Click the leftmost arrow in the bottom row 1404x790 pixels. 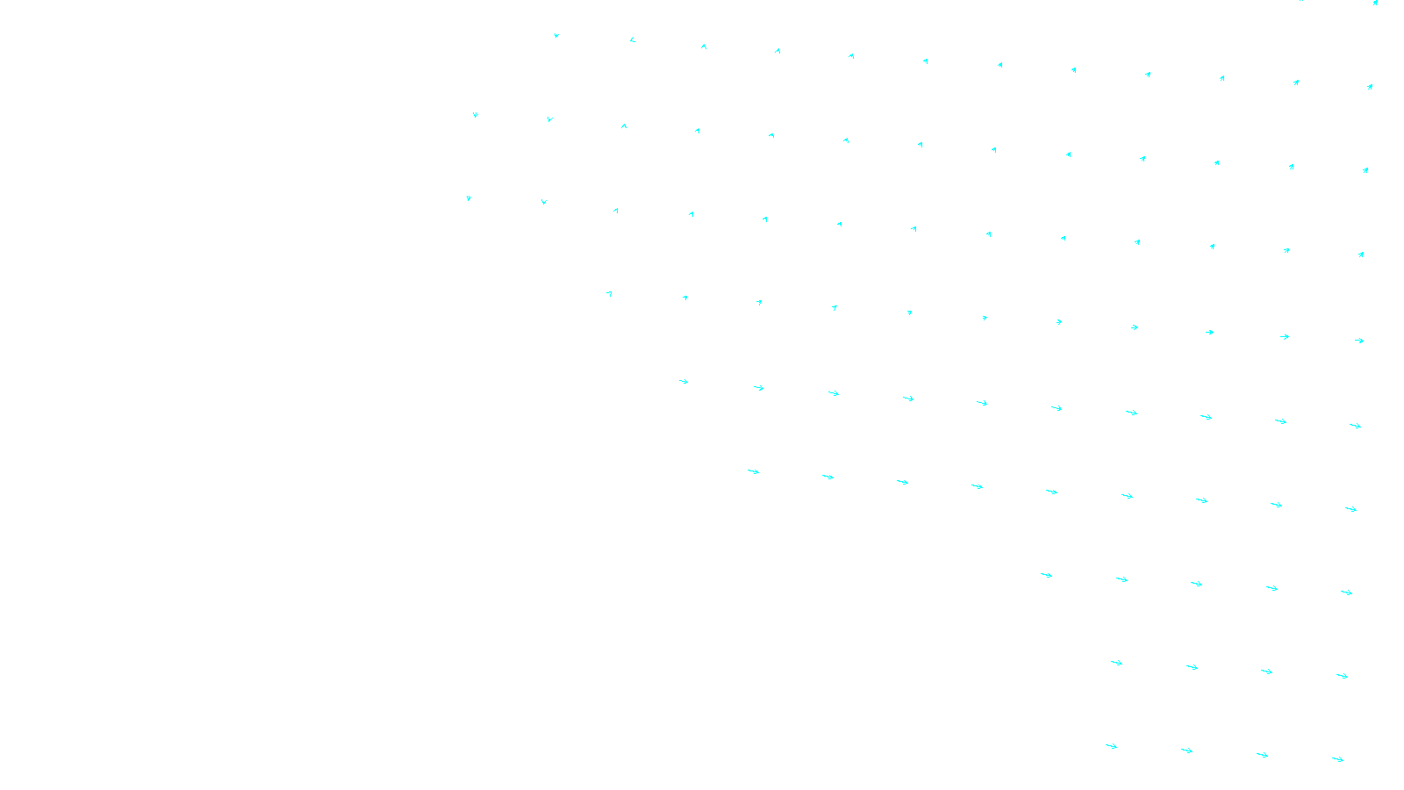1111,746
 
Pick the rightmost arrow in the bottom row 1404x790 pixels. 1337,759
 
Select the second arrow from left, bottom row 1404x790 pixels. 1186,750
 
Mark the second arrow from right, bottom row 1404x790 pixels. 1262,755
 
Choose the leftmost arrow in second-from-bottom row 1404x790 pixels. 1116,663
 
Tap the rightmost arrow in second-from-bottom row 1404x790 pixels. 1342,676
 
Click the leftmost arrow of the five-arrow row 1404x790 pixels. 1046,575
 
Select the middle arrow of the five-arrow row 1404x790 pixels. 1196,584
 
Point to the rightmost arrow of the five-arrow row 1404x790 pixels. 1346,592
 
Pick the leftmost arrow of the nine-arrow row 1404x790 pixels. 753,471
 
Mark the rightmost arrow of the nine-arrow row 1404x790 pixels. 1350,509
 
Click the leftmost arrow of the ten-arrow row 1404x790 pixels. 684,381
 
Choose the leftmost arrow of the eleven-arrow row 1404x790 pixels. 609,293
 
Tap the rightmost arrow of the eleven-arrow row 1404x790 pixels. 1358,341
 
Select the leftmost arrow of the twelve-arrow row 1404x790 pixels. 556,36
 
